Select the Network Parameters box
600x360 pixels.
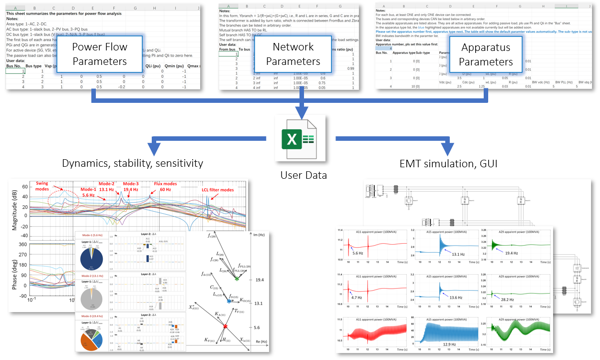[x=293, y=54]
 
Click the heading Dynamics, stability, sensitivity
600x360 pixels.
[x=132, y=163]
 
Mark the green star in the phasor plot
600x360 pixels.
[x=237, y=279]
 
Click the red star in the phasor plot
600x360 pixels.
[x=225, y=327]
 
